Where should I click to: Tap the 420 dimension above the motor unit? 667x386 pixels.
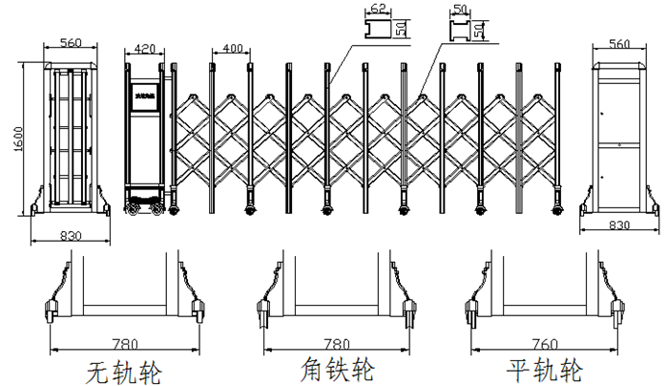[x=146, y=48]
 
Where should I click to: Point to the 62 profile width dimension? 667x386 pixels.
[x=378, y=9]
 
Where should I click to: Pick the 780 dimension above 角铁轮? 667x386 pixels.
[x=337, y=343]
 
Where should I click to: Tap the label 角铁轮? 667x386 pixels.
[x=337, y=369]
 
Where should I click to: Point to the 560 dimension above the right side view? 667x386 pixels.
[x=620, y=43]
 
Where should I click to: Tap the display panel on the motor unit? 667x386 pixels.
[x=145, y=98]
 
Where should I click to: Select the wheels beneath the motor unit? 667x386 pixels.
[x=146, y=204]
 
